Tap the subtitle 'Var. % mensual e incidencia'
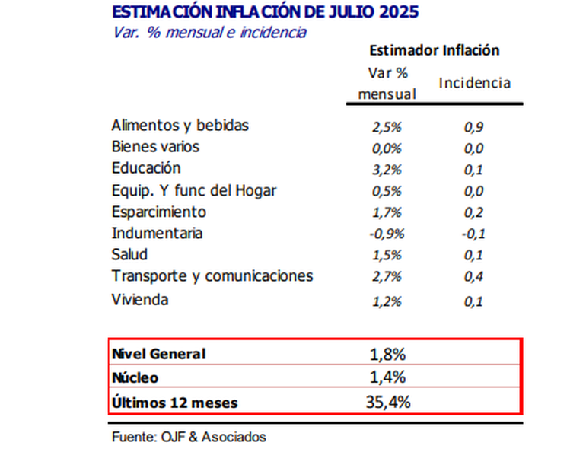[209, 32]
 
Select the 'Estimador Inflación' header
[434, 50]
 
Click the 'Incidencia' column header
[474, 83]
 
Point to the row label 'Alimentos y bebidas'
[180, 125]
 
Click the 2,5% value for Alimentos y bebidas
[387, 127]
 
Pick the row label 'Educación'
[146, 168]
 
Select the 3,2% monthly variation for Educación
[387, 170]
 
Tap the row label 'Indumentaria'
[157, 233]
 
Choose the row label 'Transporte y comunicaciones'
[212, 276]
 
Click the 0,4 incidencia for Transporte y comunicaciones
[474, 277]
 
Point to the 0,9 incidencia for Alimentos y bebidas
[474, 127]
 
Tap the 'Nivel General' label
[158, 354]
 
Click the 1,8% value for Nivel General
[387, 354]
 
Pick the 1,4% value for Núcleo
[387, 377]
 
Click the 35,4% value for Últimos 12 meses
[387, 402]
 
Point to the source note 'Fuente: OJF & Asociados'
[189, 437]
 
